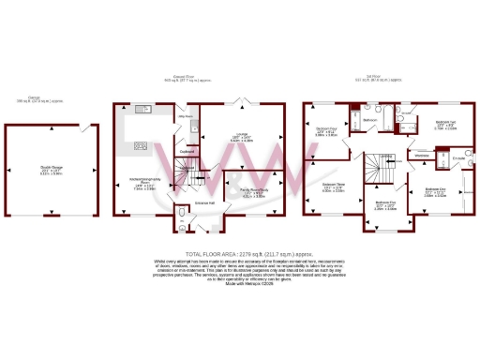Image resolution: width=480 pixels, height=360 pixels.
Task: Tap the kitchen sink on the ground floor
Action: [142, 112]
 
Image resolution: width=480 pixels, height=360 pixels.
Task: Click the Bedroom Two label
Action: [446, 126]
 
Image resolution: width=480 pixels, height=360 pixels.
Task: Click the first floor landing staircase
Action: [383, 169]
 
